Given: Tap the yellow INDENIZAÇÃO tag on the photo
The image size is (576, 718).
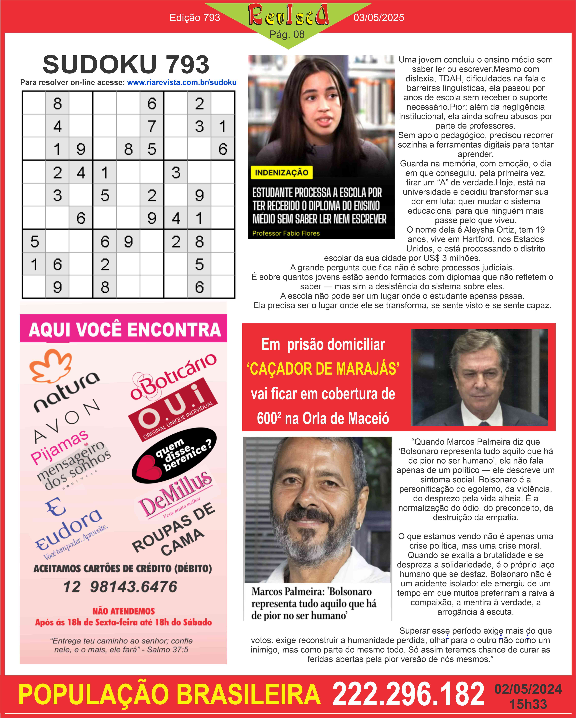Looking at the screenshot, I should pos(282,173).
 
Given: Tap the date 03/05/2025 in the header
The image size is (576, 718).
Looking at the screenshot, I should pos(379,18).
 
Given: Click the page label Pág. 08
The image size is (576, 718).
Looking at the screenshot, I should pos(287,34).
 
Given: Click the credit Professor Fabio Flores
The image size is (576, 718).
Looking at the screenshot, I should pos(286,233).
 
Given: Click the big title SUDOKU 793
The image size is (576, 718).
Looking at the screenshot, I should pos(126,64).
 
